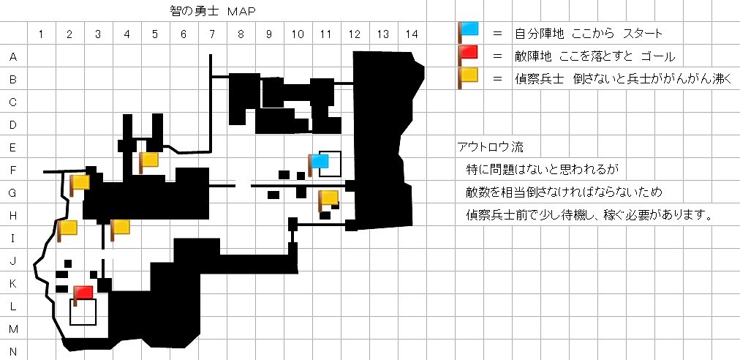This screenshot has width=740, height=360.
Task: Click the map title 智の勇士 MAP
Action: [x=211, y=12]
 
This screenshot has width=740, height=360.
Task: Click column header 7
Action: [x=211, y=34]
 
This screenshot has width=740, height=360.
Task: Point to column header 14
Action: [x=411, y=34]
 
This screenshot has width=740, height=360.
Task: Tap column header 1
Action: [x=41, y=34]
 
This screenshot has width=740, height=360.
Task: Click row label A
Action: [x=13, y=56]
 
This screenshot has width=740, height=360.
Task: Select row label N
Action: [x=13, y=351]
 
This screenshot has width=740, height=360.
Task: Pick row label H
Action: [x=13, y=215]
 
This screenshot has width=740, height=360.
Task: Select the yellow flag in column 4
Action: [x=119, y=228]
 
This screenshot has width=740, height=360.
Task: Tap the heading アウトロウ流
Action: [x=489, y=147]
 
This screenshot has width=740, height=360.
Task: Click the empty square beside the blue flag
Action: [x=331, y=164]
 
